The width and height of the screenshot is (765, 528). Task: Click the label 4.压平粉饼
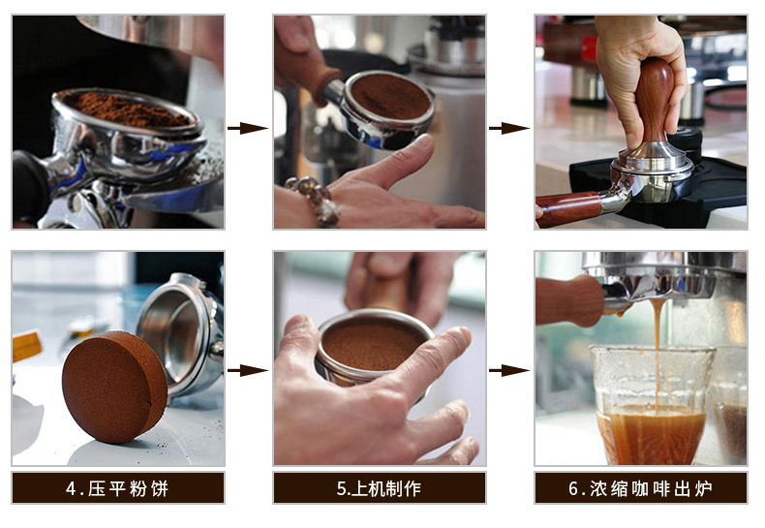click(117, 488)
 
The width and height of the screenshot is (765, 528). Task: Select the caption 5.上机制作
click(379, 488)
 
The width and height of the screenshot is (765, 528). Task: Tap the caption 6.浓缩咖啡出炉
click(640, 488)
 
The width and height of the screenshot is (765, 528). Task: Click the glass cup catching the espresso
click(652, 407)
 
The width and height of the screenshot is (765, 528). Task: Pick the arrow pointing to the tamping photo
click(508, 128)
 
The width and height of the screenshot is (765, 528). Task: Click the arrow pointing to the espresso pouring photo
click(508, 370)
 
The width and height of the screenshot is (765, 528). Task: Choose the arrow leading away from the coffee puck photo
click(247, 370)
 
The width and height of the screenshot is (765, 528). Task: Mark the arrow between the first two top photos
click(247, 128)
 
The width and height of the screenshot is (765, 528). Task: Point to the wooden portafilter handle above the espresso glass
click(571, 298)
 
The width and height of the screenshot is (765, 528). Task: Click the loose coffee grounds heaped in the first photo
click(126, 109)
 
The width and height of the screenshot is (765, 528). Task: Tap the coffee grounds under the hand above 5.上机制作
click(373, 344)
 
